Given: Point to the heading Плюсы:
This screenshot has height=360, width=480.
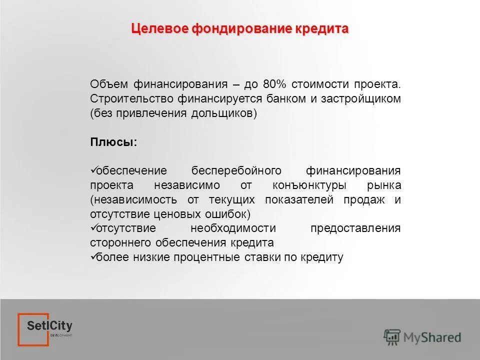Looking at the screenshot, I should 113,142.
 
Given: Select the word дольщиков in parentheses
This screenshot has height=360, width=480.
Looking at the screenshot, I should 223,113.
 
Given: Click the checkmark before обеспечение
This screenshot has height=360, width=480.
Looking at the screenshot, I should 93,170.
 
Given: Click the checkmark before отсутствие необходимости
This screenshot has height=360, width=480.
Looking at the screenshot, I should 93,228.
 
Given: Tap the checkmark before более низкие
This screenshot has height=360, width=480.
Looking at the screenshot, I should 93,257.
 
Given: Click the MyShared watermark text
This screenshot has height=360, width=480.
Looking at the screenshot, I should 432,337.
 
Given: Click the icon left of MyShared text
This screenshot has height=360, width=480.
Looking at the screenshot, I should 392,337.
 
